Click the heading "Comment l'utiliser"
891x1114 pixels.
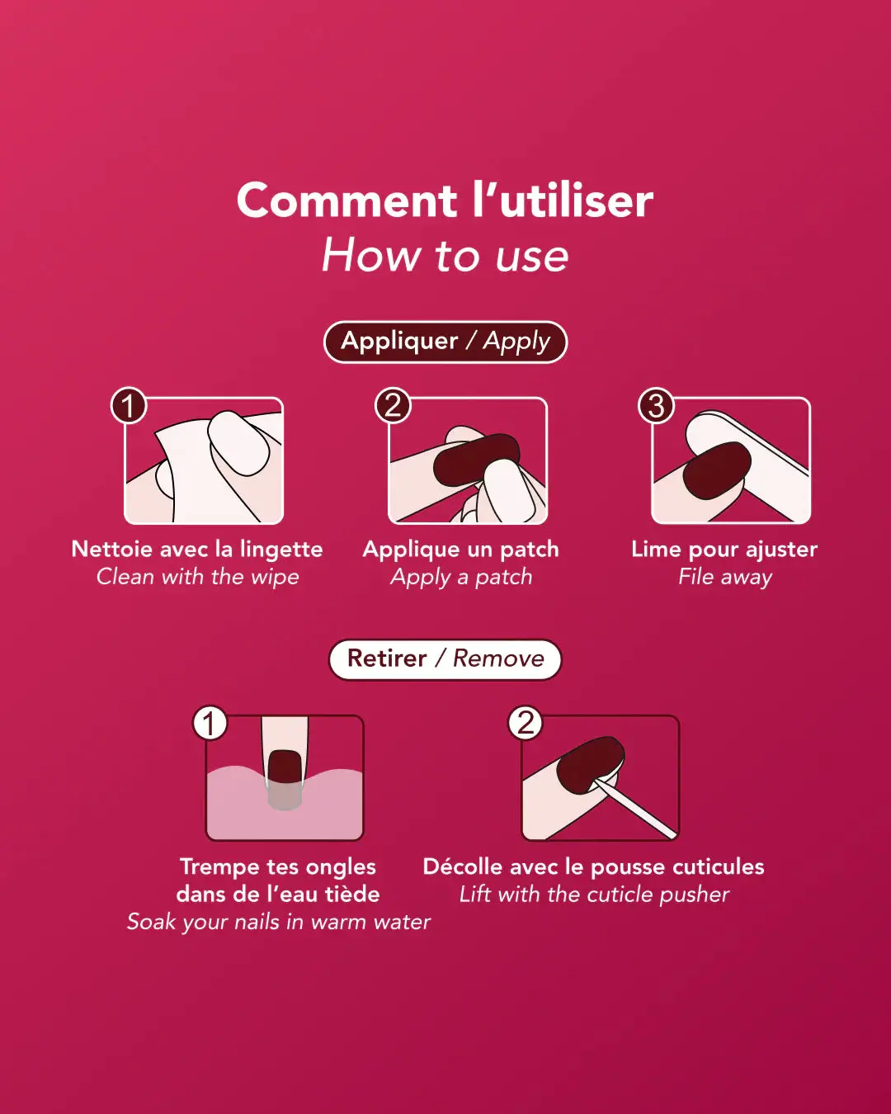[445, 201]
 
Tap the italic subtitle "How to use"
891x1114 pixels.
[445, 255]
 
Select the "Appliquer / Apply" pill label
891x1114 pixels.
[445, 342]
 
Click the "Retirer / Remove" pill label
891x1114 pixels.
[445, 659]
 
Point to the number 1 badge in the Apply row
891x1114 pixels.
[129, 405]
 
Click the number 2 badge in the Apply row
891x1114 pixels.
[393, 405]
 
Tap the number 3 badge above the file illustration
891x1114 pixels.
[656, 405]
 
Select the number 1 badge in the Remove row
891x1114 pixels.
[210, 723]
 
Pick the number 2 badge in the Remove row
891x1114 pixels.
[525, 723]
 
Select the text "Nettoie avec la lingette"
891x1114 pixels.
[197, 550]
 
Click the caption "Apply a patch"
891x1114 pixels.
[461, 577]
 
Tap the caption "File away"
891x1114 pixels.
[725, 577]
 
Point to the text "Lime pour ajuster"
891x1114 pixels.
[724, 550]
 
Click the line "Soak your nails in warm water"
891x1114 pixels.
[279, 922]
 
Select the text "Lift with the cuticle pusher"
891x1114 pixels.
[594, 895]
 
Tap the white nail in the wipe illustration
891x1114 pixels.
[238, 442]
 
